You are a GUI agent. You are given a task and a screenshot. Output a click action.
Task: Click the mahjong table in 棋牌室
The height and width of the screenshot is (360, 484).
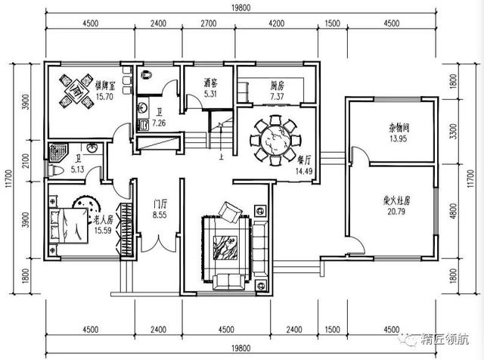point(76,92)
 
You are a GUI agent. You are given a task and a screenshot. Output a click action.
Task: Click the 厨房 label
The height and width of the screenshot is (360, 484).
point(277,86)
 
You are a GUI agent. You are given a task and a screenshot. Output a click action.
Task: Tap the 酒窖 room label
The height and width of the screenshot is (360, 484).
point(211,83)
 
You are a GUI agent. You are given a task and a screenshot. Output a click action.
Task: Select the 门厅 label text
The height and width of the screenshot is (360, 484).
point(160,203)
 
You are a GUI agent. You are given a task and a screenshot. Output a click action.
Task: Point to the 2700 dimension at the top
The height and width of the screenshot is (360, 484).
point(209,23)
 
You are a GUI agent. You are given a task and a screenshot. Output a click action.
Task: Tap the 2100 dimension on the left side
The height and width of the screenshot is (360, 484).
point(26,161)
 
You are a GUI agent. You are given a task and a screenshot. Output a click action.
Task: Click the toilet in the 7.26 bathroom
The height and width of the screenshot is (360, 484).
point(147,74)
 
